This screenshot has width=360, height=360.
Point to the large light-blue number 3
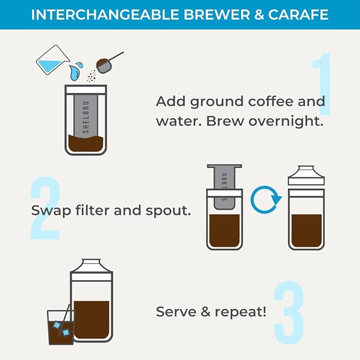(289, 313)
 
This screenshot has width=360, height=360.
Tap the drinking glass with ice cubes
(60, 327)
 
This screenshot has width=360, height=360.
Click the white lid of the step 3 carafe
(91, 270)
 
